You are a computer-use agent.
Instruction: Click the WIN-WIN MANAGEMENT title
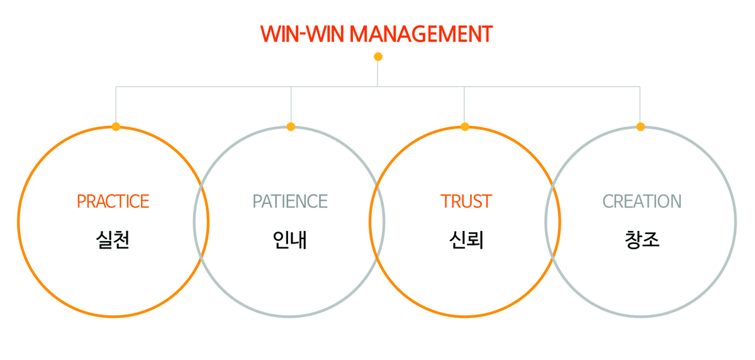click(x=376, y=34)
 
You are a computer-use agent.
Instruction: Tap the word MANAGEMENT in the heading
click(x=421, y=34)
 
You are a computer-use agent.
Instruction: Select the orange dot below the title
click(x=378, y=57)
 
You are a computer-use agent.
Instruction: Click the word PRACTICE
click(x=113, y=201)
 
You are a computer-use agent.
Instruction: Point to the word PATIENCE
click(x=290, y=201)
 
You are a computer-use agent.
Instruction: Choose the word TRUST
click(x=466, y=201)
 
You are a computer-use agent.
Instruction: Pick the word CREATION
click(x=642, y=201)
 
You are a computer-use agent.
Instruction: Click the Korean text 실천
click(x=113, y=240)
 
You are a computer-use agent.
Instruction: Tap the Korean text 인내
click(x=290, y=240)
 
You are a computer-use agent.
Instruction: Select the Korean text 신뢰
click(x=466, y=240)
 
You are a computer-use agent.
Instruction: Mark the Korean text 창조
click(x=642, y=240)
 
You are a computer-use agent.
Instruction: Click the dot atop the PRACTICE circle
click(x=116, y=127)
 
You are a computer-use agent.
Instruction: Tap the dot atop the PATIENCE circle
click(x=291, y=127)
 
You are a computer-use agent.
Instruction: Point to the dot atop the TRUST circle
click(x=465, y=127)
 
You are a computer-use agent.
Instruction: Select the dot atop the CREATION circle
click(x=640, y=127)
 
